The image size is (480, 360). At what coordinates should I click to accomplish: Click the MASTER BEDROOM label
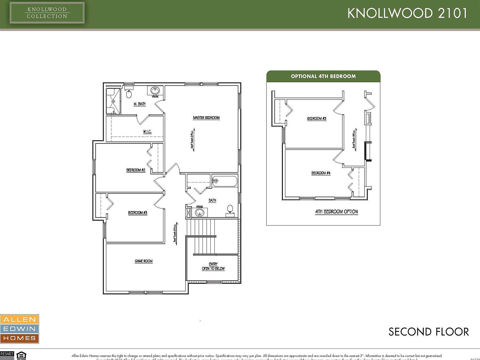[x=206, y=118]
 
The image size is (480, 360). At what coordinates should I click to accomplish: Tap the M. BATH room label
[x=139, y=104]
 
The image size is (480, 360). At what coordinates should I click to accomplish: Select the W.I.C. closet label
[x=147, y=132]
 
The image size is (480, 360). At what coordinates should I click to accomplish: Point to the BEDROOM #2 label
[x=136, y=170]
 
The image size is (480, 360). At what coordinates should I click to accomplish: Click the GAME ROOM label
[x=143, y=261]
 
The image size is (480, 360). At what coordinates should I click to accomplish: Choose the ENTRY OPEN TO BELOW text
[x=213, y=266]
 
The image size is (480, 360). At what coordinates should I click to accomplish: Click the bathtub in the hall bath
[x=225, y=181]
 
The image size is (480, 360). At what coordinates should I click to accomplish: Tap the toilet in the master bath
[x=129, y=93]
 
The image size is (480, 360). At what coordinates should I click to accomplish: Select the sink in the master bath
[x=155, y=90]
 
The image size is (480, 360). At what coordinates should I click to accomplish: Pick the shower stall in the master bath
[x=113, y=101]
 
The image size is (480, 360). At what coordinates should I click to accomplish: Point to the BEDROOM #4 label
[x=321, y=173]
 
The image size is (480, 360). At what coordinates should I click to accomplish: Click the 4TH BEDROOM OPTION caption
[x=336, y=212]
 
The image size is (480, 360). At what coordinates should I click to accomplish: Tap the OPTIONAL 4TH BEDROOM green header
[x=323, y=76]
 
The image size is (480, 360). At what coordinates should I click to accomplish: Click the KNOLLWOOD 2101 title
[x=407, y=13]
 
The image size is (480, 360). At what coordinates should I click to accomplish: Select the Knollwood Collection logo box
[x=47, y=13]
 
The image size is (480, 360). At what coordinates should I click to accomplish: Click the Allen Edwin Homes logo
[x=19, y=329]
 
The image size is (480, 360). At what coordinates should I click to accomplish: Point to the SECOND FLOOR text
[x=428, y=332]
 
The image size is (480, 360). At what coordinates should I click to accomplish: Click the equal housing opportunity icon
[x=21, y=356]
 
